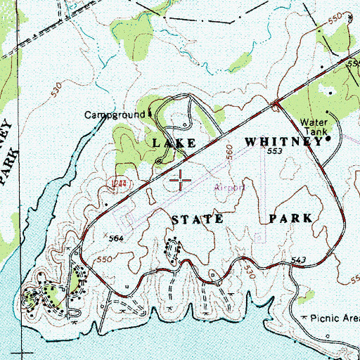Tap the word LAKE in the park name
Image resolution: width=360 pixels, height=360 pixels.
click(174, 143)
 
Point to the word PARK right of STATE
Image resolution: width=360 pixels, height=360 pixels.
click(290, 219)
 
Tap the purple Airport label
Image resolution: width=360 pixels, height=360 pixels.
click(229, 188)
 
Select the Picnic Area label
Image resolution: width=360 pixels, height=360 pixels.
click(333, 318)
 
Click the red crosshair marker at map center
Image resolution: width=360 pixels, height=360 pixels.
click(181, 179)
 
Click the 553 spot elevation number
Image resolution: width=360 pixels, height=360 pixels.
click(274, 151)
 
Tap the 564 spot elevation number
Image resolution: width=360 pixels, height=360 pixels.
click(117, 239)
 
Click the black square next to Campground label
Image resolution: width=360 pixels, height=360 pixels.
click(150, 113)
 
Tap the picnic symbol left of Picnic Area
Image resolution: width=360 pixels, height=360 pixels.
click(304, 319)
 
